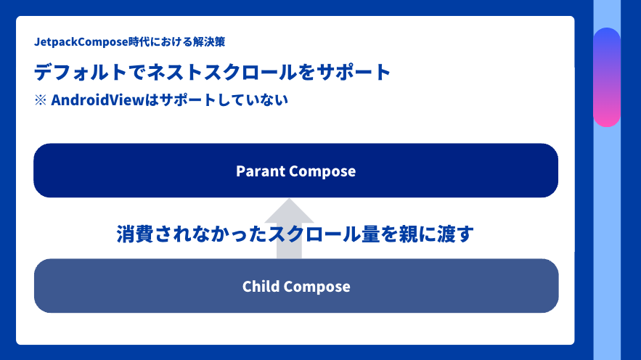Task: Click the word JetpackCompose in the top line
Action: coord(81,42)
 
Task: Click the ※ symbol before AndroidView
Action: coord(41,100)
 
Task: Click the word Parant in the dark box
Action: coord(260,171)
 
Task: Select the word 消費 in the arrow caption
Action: coord(134,234)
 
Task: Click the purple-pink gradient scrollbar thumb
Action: coord(607,77)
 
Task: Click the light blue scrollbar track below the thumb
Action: coord(607,240)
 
